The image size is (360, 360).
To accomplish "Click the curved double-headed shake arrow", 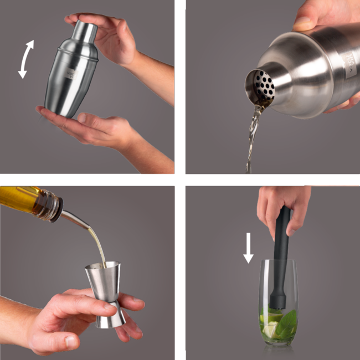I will click(25, 59).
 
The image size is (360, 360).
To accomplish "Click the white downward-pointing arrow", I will click(248, 247).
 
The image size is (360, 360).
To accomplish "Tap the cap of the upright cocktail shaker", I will click(86, 32).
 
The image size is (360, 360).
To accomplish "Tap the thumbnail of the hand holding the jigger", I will click(72, 343).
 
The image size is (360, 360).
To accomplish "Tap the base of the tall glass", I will click(277, 343).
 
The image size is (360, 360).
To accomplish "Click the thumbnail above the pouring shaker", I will click(302, 23).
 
